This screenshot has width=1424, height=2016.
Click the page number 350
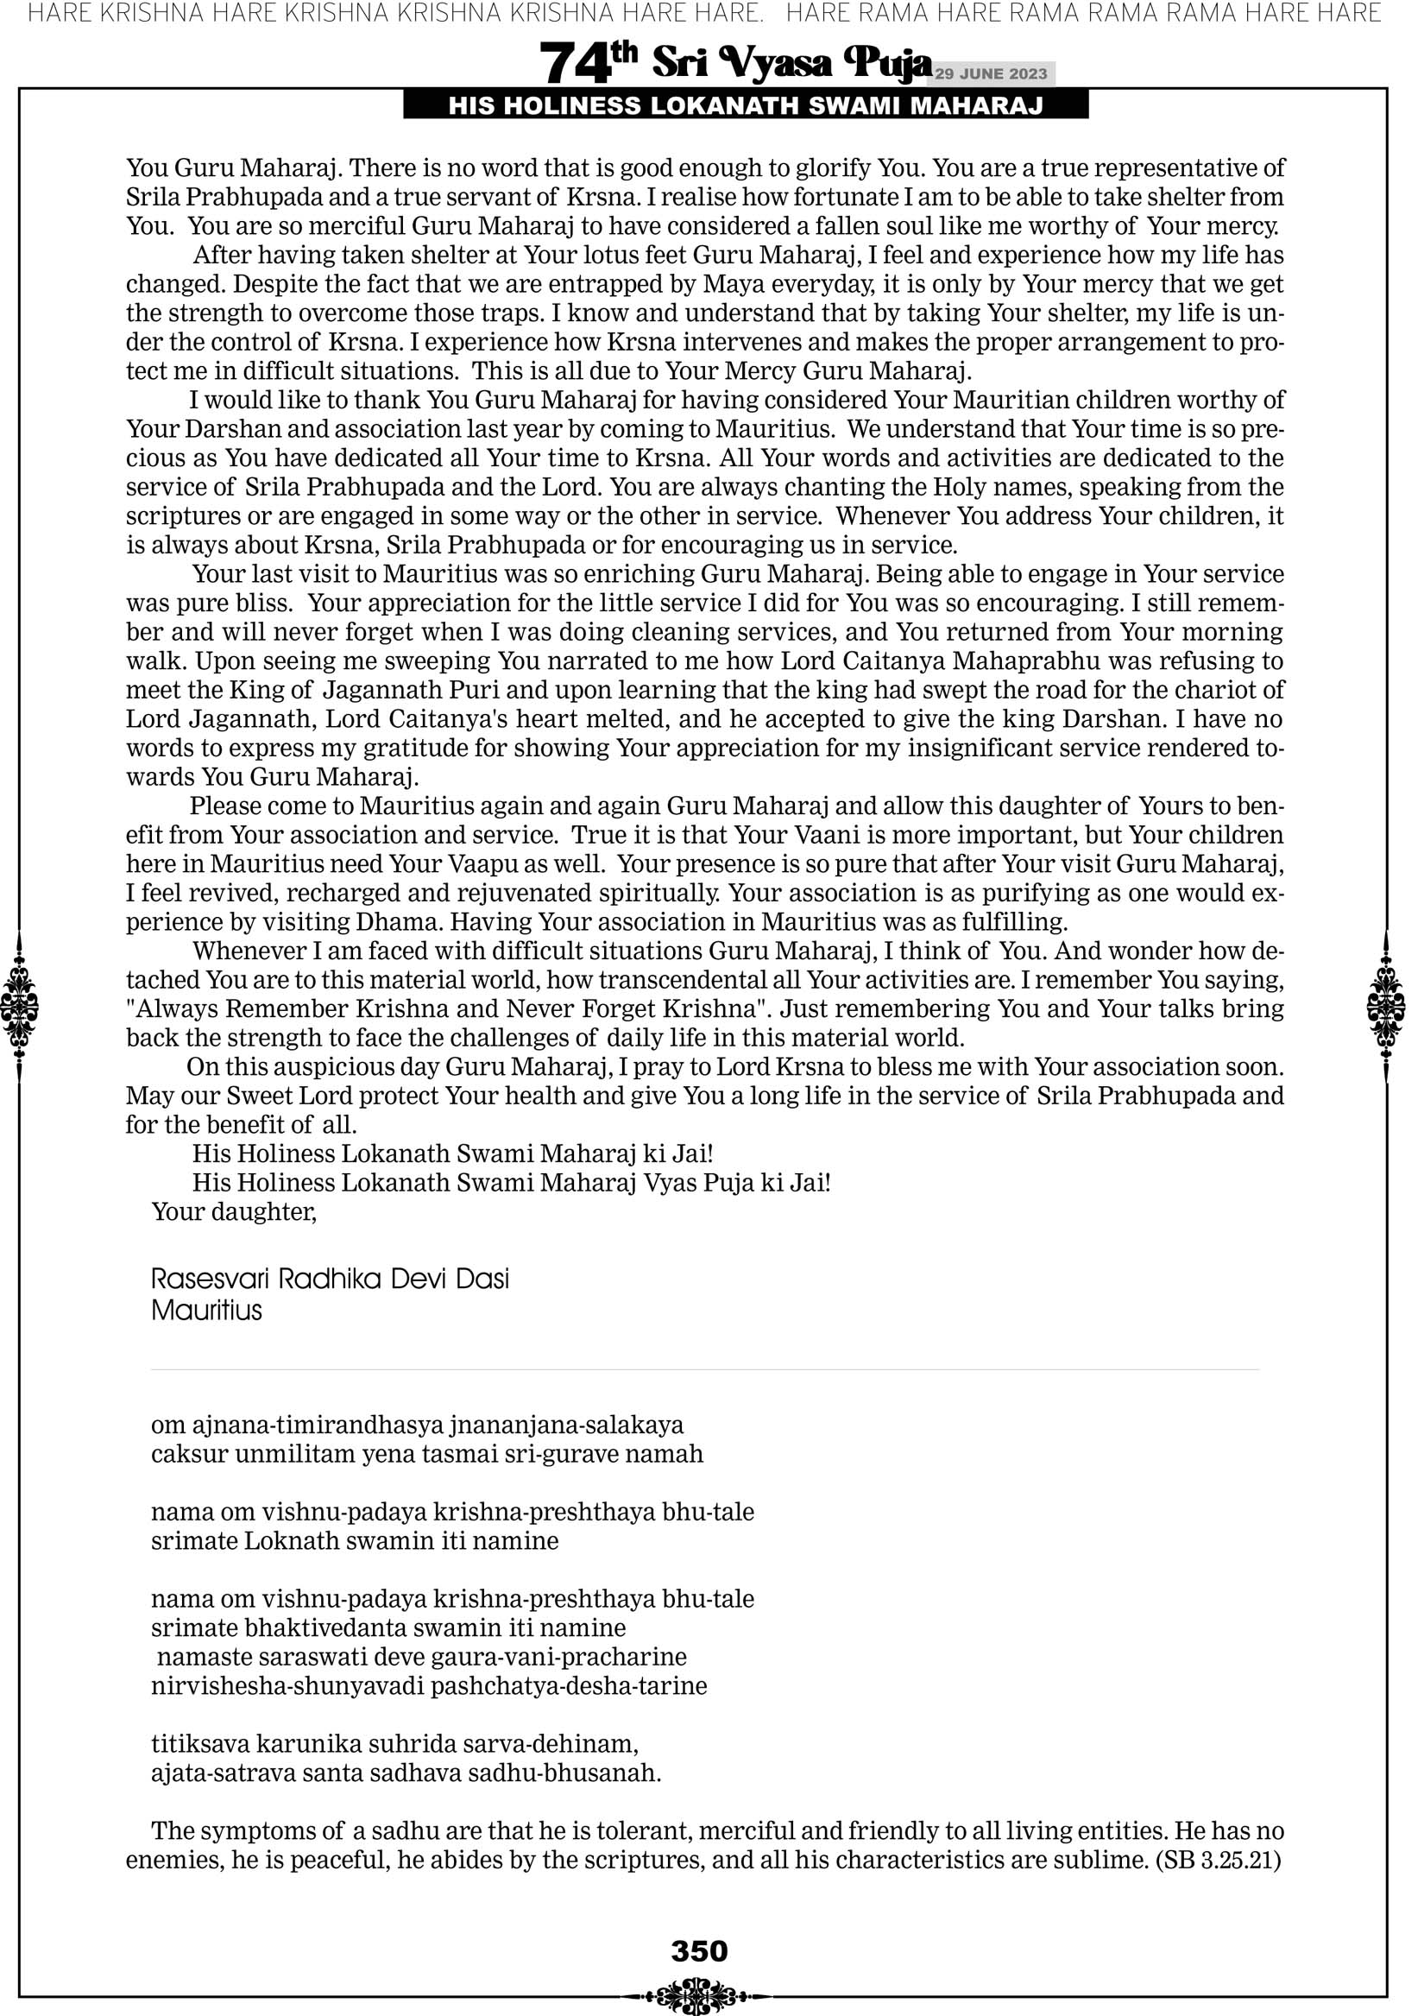pyautogui.click(x=699, y=1951)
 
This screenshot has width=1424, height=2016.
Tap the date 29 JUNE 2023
pyautogui.click(x=991, y=73)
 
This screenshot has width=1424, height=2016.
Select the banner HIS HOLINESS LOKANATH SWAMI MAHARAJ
pyautogui.click(x=746, y=106)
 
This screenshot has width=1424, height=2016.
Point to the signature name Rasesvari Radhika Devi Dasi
pyautogui.click(x=330, y=1279)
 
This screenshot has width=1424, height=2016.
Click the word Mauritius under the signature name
pyautogui.click(x=206, y=1311)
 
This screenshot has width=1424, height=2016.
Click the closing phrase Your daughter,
pyautogui.click(x=234, y=1211)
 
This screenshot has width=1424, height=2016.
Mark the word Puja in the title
pyautogui.click(x=887, y=63)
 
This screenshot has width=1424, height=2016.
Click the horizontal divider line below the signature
pyautogui.click(x=705, y=1369)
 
